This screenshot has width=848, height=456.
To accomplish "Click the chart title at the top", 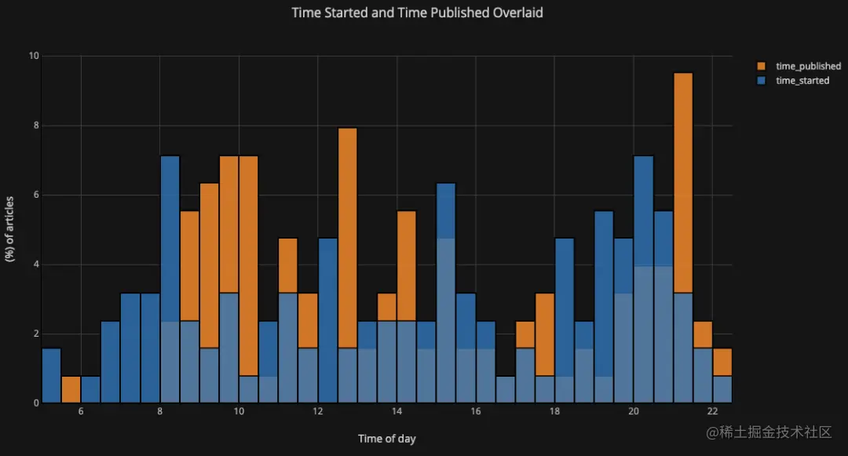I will pos(417,13).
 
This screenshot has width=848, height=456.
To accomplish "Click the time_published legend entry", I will pos(808,67).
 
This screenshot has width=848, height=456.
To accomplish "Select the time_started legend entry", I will pos(802,81).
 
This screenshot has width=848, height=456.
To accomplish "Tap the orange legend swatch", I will pos(762,67).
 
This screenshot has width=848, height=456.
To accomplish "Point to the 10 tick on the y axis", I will pos(34,57).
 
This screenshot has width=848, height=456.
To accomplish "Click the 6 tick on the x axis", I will pos(81,413).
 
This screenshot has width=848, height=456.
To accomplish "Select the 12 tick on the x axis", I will pos(317,413).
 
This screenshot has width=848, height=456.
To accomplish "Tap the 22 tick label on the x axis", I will pos(712,413).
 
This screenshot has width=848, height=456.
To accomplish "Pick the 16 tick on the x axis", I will pos(475,413).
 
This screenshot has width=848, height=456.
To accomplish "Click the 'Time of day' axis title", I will pos(386,439).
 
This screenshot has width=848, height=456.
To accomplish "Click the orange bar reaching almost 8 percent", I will pos(348,235).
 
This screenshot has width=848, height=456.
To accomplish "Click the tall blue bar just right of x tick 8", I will pos(170,235).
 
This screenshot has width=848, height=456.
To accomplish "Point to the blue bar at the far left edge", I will pos(51,376).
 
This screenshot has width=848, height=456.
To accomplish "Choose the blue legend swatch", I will pos(762,81).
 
